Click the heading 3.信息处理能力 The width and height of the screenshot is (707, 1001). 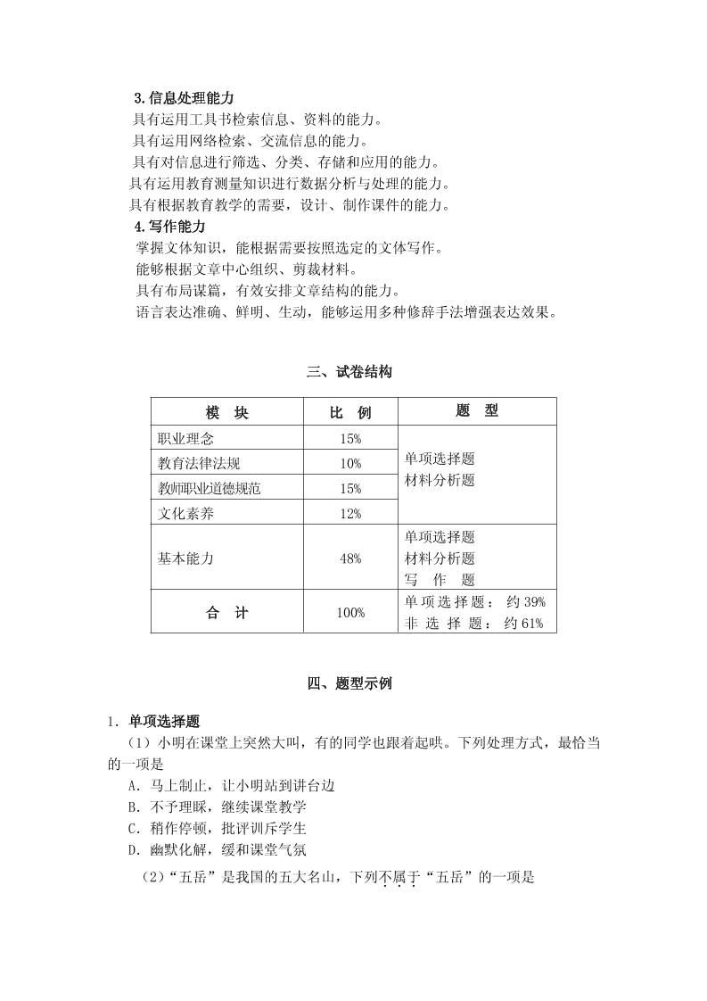[184, 98]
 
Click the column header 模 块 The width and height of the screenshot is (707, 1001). [227, 412]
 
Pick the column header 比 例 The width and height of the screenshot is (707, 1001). [350, 412]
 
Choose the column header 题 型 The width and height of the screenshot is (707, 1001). [477, 410]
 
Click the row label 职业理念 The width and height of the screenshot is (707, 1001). [186, 438]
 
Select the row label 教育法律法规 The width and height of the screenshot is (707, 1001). [199, 463]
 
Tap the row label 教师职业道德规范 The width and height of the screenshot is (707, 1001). [210, 488]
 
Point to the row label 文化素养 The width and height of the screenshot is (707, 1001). [186, 513]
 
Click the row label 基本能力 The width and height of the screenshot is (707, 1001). [186, 558]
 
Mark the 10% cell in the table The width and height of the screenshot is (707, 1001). [350, 463]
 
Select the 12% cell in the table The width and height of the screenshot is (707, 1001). [350, 513]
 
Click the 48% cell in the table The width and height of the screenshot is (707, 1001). [350, 558]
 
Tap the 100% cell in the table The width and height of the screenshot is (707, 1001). [350, 612]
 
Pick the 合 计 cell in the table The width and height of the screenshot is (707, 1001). [227, 612]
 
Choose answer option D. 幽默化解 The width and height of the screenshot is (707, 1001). [218, 849]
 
